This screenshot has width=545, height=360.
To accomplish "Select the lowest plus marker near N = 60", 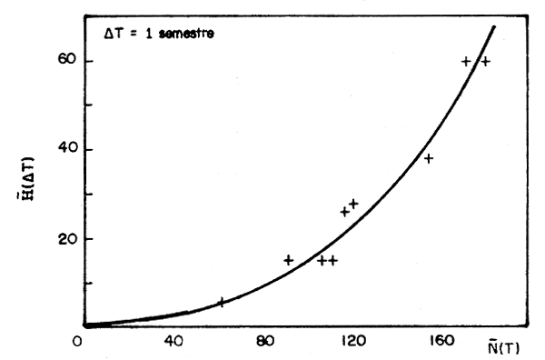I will [221, 302].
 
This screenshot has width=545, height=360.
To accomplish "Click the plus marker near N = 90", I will [288, 260].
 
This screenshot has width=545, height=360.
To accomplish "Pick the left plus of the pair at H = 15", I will [322, 260].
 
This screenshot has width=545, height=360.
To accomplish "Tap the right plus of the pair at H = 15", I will [333, 260].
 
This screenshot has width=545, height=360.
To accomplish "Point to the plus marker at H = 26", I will [344, 212].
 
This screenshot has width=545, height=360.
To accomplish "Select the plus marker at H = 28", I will [353, 204].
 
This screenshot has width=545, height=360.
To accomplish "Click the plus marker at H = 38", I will [429, 158].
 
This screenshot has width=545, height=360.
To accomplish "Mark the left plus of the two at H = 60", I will [466, 62].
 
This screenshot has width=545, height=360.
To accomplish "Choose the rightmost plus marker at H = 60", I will [485, 62].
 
